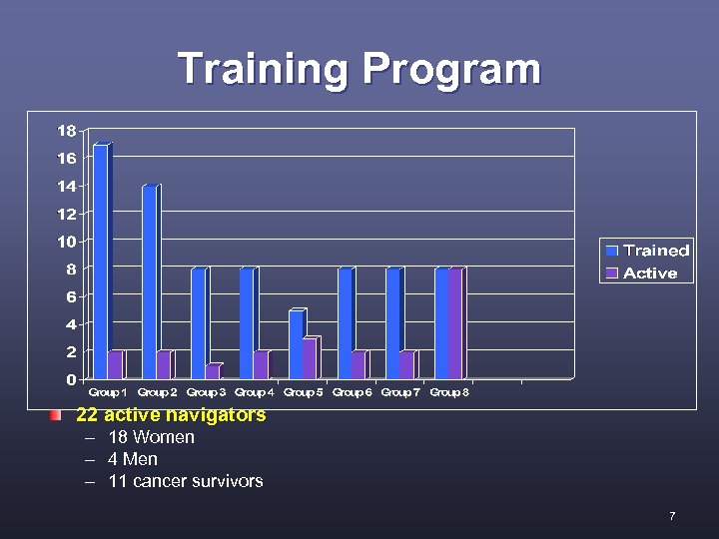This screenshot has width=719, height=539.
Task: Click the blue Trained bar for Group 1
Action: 101,262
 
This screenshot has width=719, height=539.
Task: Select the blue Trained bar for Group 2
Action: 150,282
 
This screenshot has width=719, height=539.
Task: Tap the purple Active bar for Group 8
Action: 456,323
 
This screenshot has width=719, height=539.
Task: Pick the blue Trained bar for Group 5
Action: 296,344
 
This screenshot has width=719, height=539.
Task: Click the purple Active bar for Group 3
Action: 213,371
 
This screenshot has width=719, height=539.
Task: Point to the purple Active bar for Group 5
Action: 310,358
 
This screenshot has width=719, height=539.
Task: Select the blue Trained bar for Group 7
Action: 393,323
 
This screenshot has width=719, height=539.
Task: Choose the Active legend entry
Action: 649,272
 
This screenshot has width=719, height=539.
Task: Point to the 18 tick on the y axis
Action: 66,131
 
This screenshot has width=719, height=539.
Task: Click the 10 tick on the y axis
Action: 66,242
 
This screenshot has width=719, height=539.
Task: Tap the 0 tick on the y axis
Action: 70,379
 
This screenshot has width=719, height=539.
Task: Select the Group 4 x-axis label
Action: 255,393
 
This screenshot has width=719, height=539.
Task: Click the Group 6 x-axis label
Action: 353,393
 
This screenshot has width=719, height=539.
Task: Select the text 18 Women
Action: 151,437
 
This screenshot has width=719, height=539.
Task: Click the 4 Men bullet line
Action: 133,459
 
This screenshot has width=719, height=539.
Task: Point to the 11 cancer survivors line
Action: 186,481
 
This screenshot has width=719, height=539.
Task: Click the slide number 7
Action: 672,516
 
